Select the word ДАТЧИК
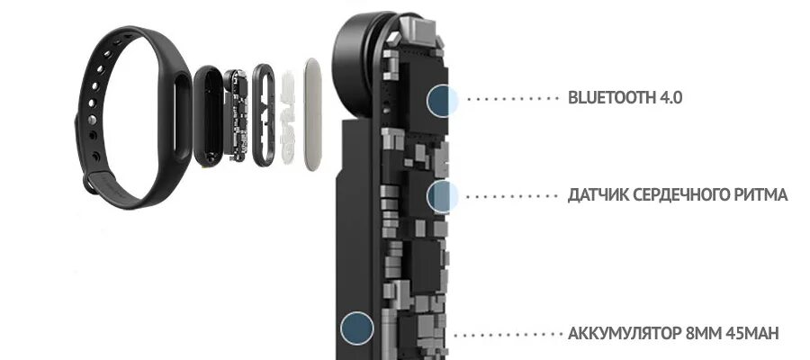click(598, 194)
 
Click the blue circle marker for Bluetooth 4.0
click(442, 99)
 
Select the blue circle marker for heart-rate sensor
click(442, 194)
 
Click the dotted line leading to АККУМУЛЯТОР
click(508, 334)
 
